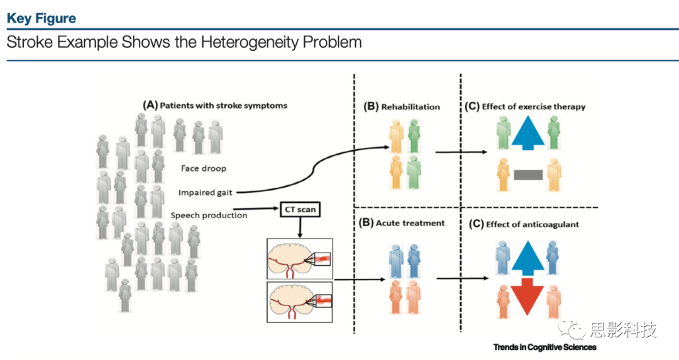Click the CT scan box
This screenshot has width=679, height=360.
(x=300, y=209)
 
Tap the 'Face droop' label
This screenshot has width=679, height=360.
(x=204, y=168)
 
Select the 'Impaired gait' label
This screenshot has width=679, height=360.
(x=205, y=192)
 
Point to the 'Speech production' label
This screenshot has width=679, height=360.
(x=209, y=215)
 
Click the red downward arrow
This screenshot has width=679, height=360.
(x=527, y=297)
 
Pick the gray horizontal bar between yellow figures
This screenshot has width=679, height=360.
(x=528, y=175)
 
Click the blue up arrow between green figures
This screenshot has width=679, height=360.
(x=528, y=133)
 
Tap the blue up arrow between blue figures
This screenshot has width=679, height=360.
(x=527, y=258)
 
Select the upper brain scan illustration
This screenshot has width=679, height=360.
(x=300, y=259)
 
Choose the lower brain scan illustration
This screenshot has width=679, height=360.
(x=300, y=302)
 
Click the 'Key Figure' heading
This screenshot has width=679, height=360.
(x=41, y=18)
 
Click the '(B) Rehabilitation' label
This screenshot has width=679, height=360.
(x=402, y=107)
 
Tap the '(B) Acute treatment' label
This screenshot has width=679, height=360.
(x=402, y=223)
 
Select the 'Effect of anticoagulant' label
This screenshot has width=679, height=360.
(x=533, y=224)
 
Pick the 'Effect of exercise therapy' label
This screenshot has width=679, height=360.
(x=534, y=106)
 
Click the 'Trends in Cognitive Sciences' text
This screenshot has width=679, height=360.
(x=544, y=347)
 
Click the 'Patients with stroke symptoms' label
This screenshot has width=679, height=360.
(x=223, y=106)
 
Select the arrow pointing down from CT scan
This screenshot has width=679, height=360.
(x=300, y=227)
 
